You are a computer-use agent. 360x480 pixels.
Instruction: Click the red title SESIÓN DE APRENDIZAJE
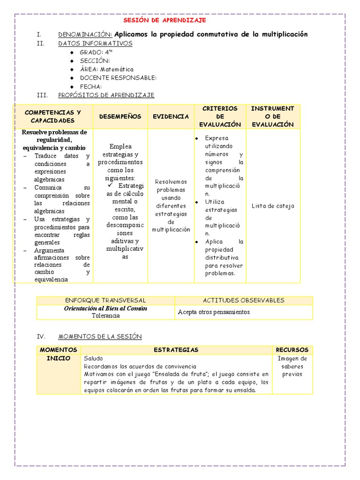pos(165,21)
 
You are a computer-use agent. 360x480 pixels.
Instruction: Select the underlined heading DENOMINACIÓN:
pos(85,35)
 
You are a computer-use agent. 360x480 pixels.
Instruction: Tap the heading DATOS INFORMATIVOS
pos(95,44)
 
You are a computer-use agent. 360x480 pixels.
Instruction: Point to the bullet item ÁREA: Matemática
pos(106,69)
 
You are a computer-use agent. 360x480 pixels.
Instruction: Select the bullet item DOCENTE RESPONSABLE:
pos(118,78)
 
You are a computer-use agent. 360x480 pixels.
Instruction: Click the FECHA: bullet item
pos(91,87)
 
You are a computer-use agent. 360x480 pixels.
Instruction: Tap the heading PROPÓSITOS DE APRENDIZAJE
pos(106,95)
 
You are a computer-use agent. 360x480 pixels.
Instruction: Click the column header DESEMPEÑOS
pos(120,117)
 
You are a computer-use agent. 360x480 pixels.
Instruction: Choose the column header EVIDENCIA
pos(171,117)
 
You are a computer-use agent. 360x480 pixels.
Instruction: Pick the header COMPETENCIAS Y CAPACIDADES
pos(52,116)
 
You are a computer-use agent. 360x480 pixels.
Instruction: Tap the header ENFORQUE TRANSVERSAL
pos(105,300)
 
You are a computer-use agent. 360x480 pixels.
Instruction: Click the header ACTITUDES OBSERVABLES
pos(243,300)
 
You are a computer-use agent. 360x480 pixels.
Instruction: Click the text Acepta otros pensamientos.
pos(214,312)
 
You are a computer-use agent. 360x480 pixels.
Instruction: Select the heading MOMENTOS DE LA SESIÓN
pos(99,337)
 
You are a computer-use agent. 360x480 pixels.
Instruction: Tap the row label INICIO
pos(58,359)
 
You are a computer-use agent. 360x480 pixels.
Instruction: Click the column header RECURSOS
pos(292,350)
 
